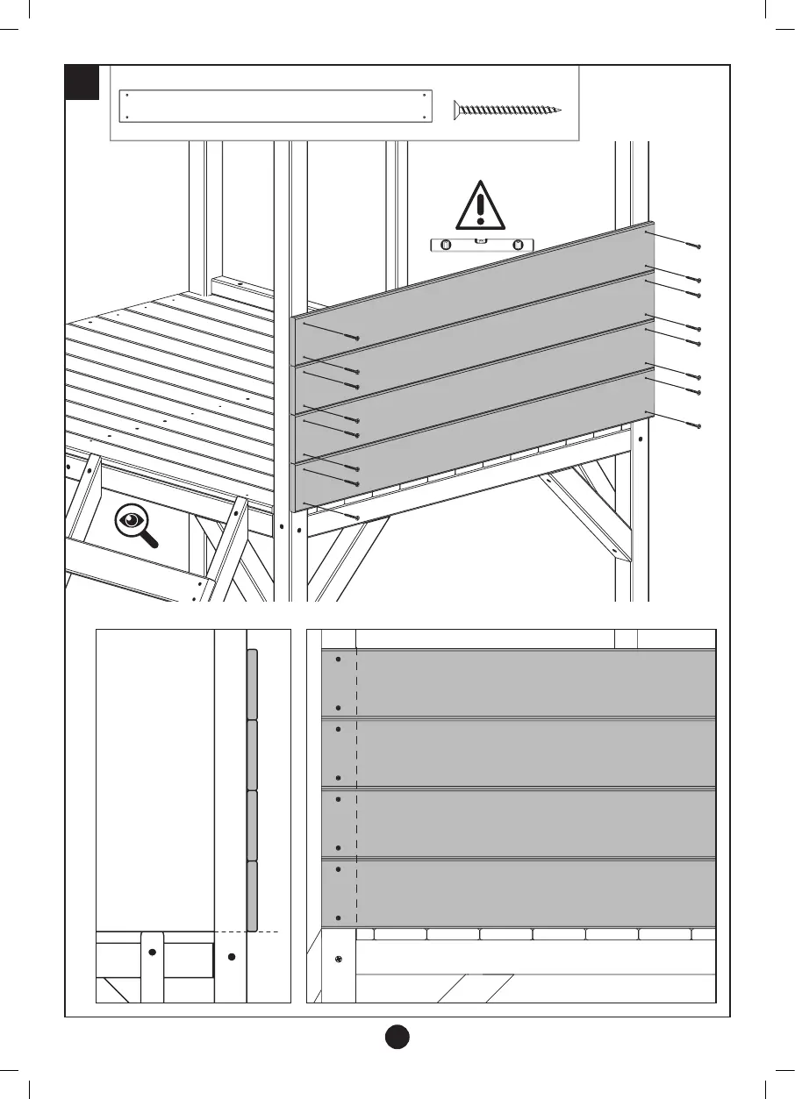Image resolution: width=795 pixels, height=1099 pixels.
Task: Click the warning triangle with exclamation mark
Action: click(479, 205)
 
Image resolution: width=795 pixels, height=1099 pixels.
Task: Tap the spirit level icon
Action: click(482, 246)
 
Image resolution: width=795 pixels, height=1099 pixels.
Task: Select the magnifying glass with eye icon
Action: click(134, 523)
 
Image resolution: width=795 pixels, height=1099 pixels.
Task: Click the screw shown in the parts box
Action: click(506, 110)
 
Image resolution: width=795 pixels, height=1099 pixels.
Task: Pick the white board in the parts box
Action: click(276, 106)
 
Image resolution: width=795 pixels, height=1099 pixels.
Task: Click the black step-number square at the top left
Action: click(82, 82)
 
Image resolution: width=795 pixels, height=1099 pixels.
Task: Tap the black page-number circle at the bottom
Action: click(397, 1036)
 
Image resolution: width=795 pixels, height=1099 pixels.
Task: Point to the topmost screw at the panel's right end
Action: click(693, 245)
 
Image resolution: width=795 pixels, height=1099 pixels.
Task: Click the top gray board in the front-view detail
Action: click(526, 682)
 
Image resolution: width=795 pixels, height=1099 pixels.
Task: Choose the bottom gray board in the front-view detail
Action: click(526, 892)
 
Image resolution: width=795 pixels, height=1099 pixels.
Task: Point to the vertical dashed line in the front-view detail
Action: click(356, 789)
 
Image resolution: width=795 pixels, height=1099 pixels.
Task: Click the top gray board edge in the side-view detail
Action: click(252, 684)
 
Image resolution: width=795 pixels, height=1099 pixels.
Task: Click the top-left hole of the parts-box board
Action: click(128, 95)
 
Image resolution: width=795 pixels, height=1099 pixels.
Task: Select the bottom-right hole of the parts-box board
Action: click(424, 118)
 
